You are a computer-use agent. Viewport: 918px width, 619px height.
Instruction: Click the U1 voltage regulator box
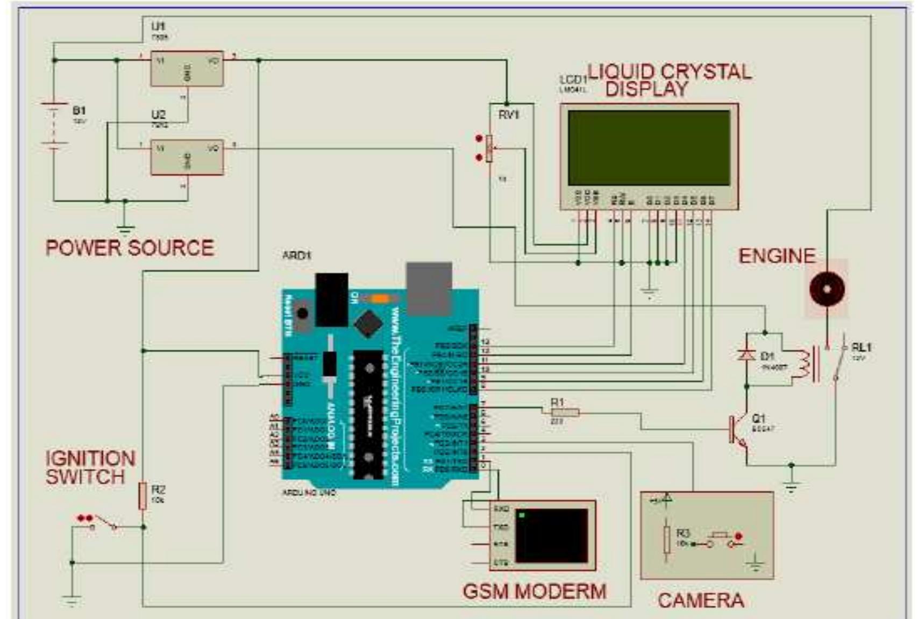coord(187,69)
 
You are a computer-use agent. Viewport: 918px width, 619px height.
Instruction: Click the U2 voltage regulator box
coord(187,158)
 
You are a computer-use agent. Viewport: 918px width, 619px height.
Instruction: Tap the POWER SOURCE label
coord(130,248)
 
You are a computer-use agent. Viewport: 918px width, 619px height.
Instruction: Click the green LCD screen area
coord(649,148)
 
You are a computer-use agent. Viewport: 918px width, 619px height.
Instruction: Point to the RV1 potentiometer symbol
coord(489,148)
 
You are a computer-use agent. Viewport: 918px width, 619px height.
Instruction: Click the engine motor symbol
coord(827,289)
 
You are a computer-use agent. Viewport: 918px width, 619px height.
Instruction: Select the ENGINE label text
coord(776,256)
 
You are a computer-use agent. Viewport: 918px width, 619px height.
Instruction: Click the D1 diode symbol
coord(747,355)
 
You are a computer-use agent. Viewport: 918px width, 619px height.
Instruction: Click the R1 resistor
coord(565,412)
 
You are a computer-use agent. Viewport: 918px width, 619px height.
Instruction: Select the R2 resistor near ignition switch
coord(143,495)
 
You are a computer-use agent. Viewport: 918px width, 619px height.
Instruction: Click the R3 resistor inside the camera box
coord(667,539)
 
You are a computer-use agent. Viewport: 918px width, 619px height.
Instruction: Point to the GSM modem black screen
coord(552,536)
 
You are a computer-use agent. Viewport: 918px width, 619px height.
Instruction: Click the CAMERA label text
coord(700,600)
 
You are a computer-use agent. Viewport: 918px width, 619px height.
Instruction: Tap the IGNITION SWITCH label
coord(90,467)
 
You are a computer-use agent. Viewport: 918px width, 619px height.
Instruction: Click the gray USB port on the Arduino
coord(429,287)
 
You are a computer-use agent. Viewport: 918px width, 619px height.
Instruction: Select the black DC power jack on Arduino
coord(331,299)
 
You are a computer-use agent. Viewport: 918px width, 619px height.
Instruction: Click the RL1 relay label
coord(861,347)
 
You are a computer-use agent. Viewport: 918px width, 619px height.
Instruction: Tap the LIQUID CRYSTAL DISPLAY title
coord(669,80)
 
